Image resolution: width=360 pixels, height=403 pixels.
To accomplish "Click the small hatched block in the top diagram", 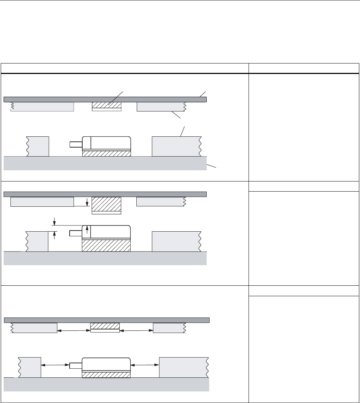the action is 106,105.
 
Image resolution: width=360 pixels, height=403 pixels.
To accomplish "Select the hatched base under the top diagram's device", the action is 106,153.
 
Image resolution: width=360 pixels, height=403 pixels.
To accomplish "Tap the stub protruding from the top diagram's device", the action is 75,144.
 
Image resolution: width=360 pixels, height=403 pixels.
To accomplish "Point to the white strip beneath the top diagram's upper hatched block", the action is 106,110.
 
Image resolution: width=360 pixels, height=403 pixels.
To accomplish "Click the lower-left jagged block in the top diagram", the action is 38,146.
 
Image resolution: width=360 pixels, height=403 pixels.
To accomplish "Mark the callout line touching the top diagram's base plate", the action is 212,166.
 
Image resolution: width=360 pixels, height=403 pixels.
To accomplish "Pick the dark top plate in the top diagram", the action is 105,100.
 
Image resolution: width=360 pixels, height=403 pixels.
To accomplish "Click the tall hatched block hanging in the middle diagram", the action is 106,204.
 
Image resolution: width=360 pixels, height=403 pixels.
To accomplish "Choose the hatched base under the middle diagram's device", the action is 106,245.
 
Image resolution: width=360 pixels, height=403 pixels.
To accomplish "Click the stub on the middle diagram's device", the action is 75,233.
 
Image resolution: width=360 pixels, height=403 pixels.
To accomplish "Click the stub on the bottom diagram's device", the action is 75,365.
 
